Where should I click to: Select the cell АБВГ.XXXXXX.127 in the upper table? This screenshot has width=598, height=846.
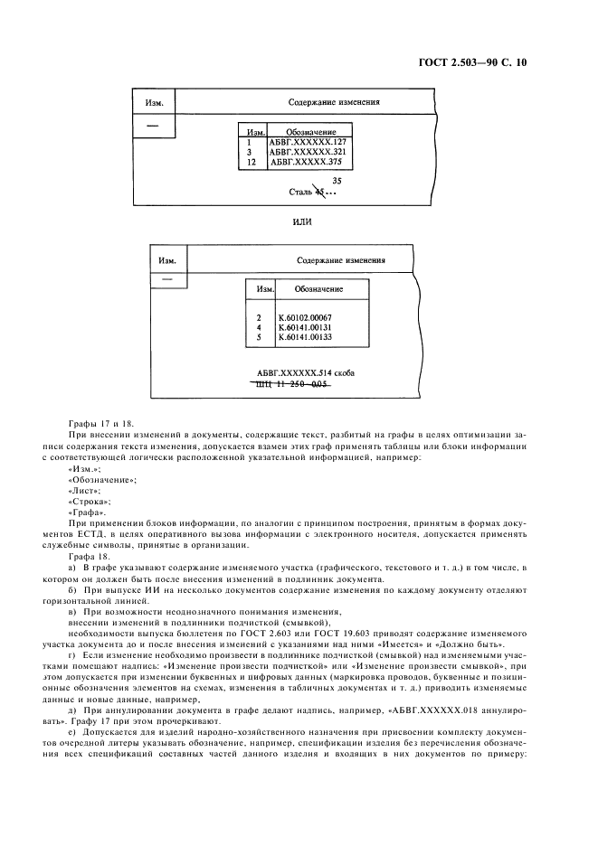(308, 143)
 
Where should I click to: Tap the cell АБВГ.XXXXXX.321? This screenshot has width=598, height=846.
(308, 153)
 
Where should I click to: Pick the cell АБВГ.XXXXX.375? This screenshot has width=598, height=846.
(307, 163)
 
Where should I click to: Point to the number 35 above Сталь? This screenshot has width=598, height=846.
(336, 181)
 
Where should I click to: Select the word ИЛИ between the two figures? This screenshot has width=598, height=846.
(300, 221)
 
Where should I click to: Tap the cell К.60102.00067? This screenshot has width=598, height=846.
(307, 317)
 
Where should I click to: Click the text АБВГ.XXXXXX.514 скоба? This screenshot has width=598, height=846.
(306, 372)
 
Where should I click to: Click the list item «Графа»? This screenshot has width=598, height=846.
(87, 512)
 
